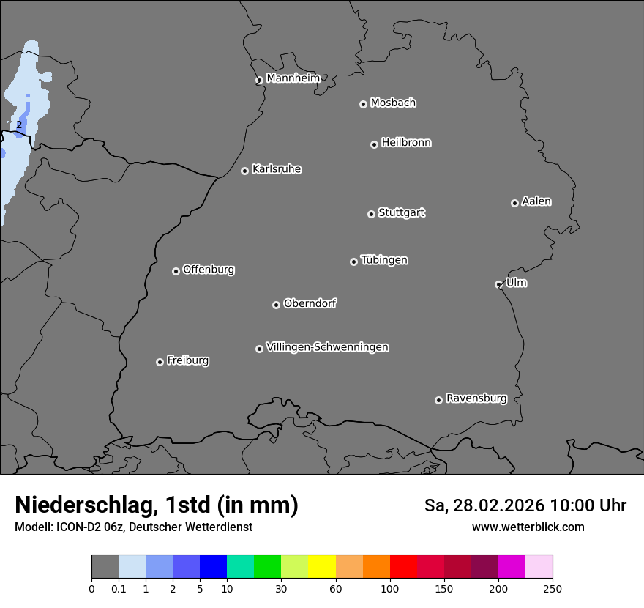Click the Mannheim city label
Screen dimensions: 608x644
[x=293, y=78]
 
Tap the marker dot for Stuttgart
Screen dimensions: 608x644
[x=371, y=214]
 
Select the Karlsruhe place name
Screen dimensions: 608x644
[x=277, y=169]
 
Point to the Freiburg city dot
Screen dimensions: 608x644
[x=160, y=362]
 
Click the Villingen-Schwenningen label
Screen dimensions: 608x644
[x=327, y=347]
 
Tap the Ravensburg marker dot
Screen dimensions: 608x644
[x=438, y=400]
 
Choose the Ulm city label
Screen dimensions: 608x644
[x=516, y=283]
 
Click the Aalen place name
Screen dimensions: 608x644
[x=536, y=201]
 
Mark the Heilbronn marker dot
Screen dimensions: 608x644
[x=374, y=144]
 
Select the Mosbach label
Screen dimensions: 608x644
[x=393, y=103]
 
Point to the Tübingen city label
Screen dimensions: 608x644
[x=384, y=260]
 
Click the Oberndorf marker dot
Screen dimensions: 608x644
[x=276, y=305]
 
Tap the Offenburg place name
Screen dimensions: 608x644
[x=209, y=270]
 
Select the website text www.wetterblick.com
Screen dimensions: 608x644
[x=528, y=527]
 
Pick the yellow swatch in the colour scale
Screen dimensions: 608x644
[x=322, y=567]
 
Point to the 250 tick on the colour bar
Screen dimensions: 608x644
[x=553, y=588]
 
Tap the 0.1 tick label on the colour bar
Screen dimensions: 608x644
[x=119, y=588]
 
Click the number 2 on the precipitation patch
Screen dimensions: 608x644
[x=19, y=125]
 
